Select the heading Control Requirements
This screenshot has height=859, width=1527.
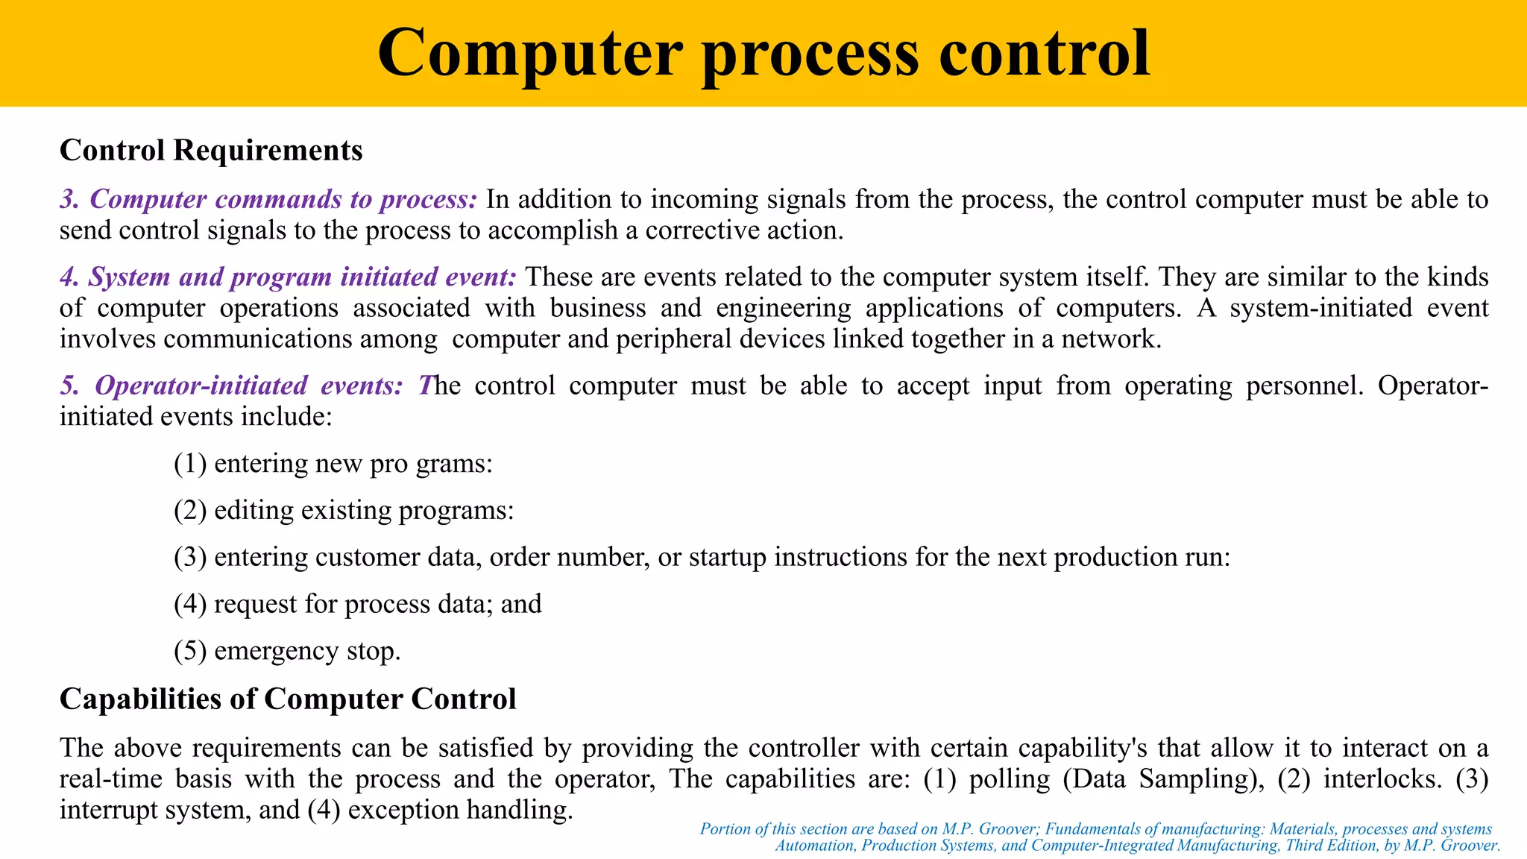point(211,150)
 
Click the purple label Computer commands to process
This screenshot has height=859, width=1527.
point(268,199)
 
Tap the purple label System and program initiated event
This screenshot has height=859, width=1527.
point(288,277)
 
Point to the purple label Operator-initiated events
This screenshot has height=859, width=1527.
point(232,386)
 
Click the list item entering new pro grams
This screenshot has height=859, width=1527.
point(333,464)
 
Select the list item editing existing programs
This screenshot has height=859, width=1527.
point(344,511)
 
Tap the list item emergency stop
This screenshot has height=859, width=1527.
point(287,651)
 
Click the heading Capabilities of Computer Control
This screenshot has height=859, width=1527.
point(288,699)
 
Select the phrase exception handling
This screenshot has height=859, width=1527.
point(460,810)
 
